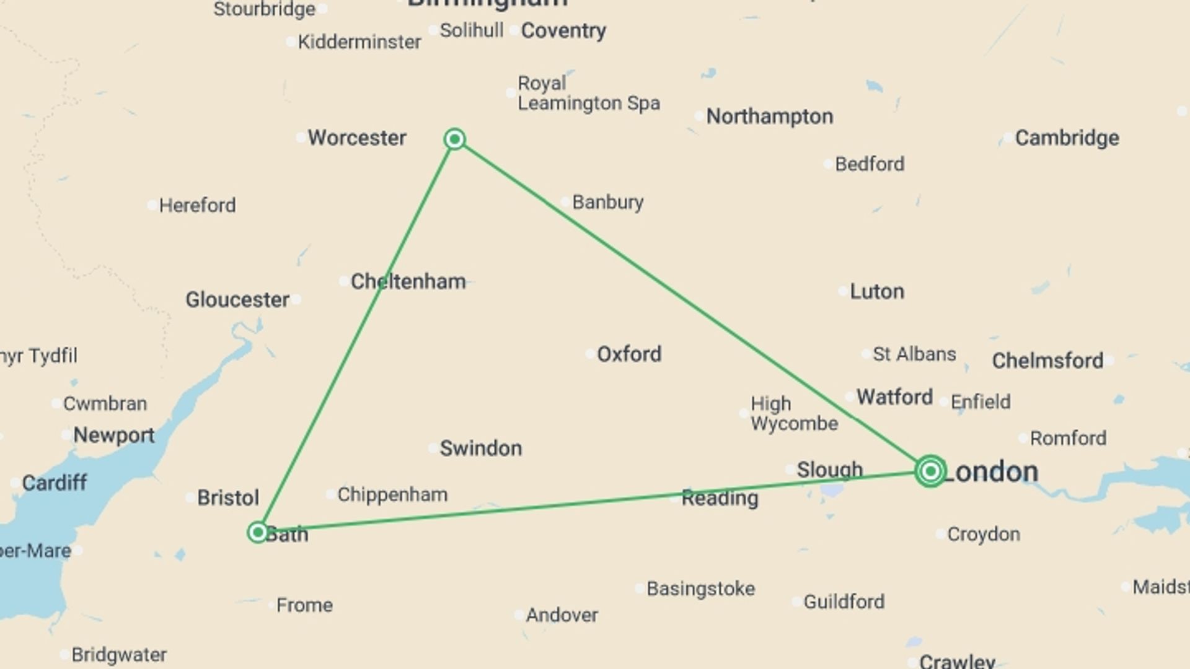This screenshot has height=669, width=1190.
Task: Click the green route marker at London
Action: click(x=930, y=471)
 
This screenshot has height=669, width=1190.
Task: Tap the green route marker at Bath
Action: click(x=258, y=532)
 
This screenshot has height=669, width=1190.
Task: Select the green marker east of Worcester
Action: click(x=455, y=139)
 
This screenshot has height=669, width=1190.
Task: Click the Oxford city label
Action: click(x=628, y=354)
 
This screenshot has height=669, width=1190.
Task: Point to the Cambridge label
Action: click(x=1067, y=138)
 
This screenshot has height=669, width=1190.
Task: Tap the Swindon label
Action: click(x=480, y=448)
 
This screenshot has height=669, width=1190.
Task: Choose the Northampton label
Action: click(x=769, y=116)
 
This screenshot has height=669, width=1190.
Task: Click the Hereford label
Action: click(x=197, y=205)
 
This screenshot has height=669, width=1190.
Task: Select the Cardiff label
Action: click(x=54, y=483)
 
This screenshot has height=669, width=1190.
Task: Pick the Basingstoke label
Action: click(x=700, y=588)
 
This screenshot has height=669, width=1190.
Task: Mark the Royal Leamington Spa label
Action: click(x=588, y=93)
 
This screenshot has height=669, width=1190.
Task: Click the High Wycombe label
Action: click(x=793, y=413)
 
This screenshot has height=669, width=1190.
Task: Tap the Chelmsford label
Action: click(x=1047, y=361)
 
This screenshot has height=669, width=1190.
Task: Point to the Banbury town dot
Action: click(x=565, y=202)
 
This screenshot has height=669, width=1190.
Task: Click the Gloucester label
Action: click(x=237, y=300)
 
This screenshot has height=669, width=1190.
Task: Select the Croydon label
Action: click(x=983, y=534)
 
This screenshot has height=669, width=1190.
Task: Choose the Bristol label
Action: click(x=227, y=497)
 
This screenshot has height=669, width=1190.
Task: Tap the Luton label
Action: click(x=876, y=291)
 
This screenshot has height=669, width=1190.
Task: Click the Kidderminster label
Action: click(x=359, y=42)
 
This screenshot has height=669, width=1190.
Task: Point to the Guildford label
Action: click(x=844, y=601)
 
